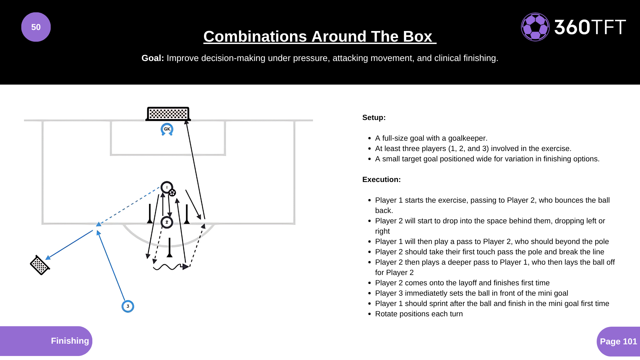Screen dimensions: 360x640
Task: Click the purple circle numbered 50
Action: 36,27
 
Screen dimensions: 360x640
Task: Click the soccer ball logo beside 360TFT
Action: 535,27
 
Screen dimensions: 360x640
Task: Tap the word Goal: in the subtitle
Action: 153,58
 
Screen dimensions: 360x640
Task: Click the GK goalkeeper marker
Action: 167,129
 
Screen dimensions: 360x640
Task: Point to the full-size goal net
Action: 168,114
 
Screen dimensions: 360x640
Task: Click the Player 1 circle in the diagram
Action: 166,187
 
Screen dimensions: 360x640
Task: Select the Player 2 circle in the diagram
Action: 167,222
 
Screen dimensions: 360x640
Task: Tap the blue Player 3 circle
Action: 128,306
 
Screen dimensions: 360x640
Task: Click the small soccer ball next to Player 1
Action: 172,193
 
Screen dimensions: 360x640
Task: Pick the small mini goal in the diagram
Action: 40,265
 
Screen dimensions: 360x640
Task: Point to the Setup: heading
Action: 374,118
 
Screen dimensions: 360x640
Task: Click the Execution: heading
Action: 381,180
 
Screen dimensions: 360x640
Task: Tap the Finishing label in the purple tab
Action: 70,341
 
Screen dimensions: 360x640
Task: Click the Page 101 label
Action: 618,341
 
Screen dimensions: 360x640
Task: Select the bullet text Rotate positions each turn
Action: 419,314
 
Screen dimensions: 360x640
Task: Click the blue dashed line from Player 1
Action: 130,205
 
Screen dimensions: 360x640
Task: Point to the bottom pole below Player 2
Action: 170,248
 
